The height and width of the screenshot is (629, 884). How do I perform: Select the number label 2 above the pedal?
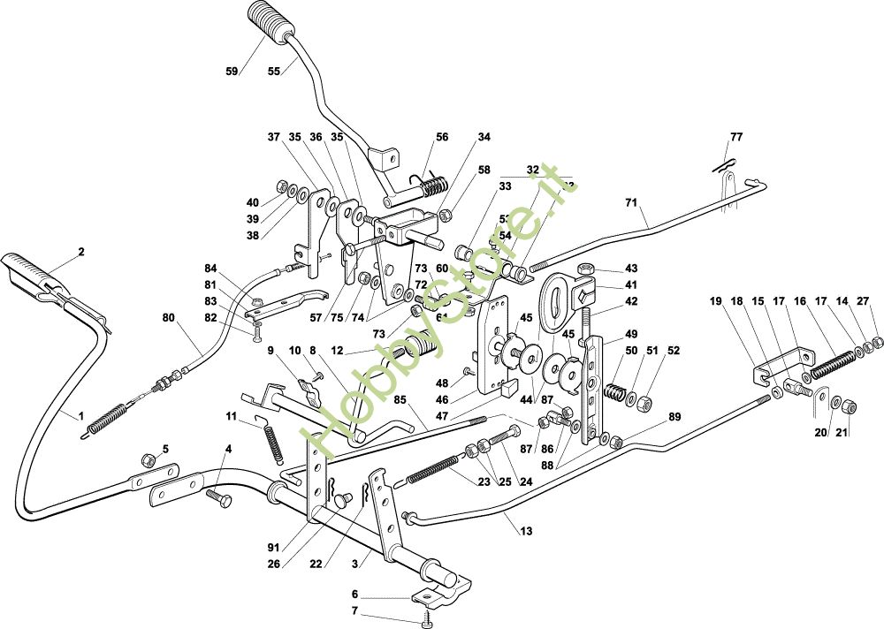point(81,252)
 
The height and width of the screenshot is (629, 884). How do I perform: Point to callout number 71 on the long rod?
point(631,203)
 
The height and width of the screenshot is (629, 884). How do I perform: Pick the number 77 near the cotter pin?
point(736,137)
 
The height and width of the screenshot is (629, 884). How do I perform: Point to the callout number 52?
point(674,351)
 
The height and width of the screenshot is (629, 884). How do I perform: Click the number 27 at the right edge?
point(863,301)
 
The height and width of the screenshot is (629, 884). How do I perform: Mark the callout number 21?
point(841,433)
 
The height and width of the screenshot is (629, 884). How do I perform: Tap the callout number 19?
point(715,301)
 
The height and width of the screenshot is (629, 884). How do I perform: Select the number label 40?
point(253,203)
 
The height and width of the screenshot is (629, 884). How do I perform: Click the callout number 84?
point(210,269)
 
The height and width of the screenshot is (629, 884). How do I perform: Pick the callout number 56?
point(441,137)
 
